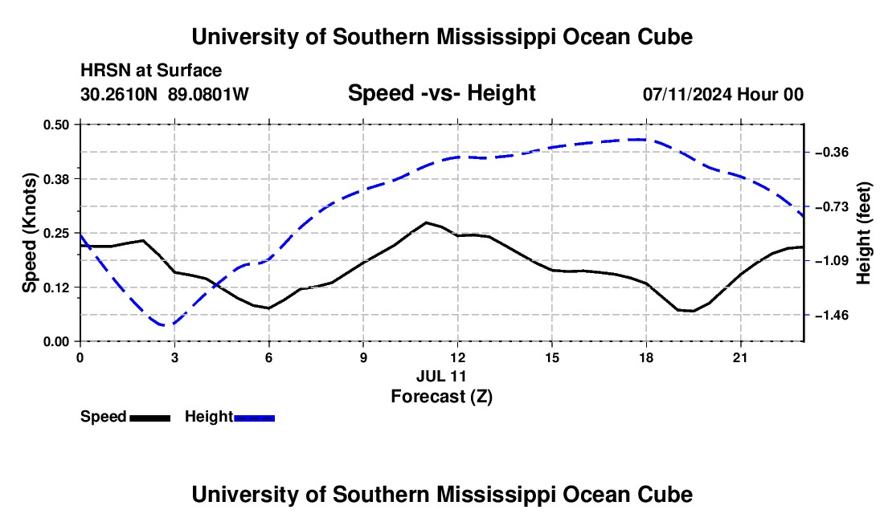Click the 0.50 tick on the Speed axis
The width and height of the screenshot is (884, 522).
[55, 124]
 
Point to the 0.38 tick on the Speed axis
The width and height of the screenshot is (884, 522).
[55, 179]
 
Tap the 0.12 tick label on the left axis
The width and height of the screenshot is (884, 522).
[55, 288]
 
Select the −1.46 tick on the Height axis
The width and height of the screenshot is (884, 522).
[832, 316]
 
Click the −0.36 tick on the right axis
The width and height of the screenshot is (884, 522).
[832, 153]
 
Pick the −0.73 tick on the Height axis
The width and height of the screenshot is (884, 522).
[832, 207]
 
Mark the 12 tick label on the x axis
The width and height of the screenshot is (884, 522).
[458, 357]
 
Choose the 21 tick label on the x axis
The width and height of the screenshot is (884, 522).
[740, 357]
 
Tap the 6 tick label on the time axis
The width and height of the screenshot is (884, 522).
[269, 357]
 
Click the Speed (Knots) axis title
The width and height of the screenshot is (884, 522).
[29, 233]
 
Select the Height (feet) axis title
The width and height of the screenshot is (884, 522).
[863, 233]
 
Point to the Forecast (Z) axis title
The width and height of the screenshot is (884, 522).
[441, 397]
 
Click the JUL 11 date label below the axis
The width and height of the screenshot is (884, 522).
[441, 376]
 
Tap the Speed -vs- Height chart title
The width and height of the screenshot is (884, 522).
[441, 93]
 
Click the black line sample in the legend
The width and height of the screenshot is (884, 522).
[149, 418]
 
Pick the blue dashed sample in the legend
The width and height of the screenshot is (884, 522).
[254, 418]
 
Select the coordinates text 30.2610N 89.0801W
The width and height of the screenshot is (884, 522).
[164, 94]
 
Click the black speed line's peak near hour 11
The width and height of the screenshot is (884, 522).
[426, 222]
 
